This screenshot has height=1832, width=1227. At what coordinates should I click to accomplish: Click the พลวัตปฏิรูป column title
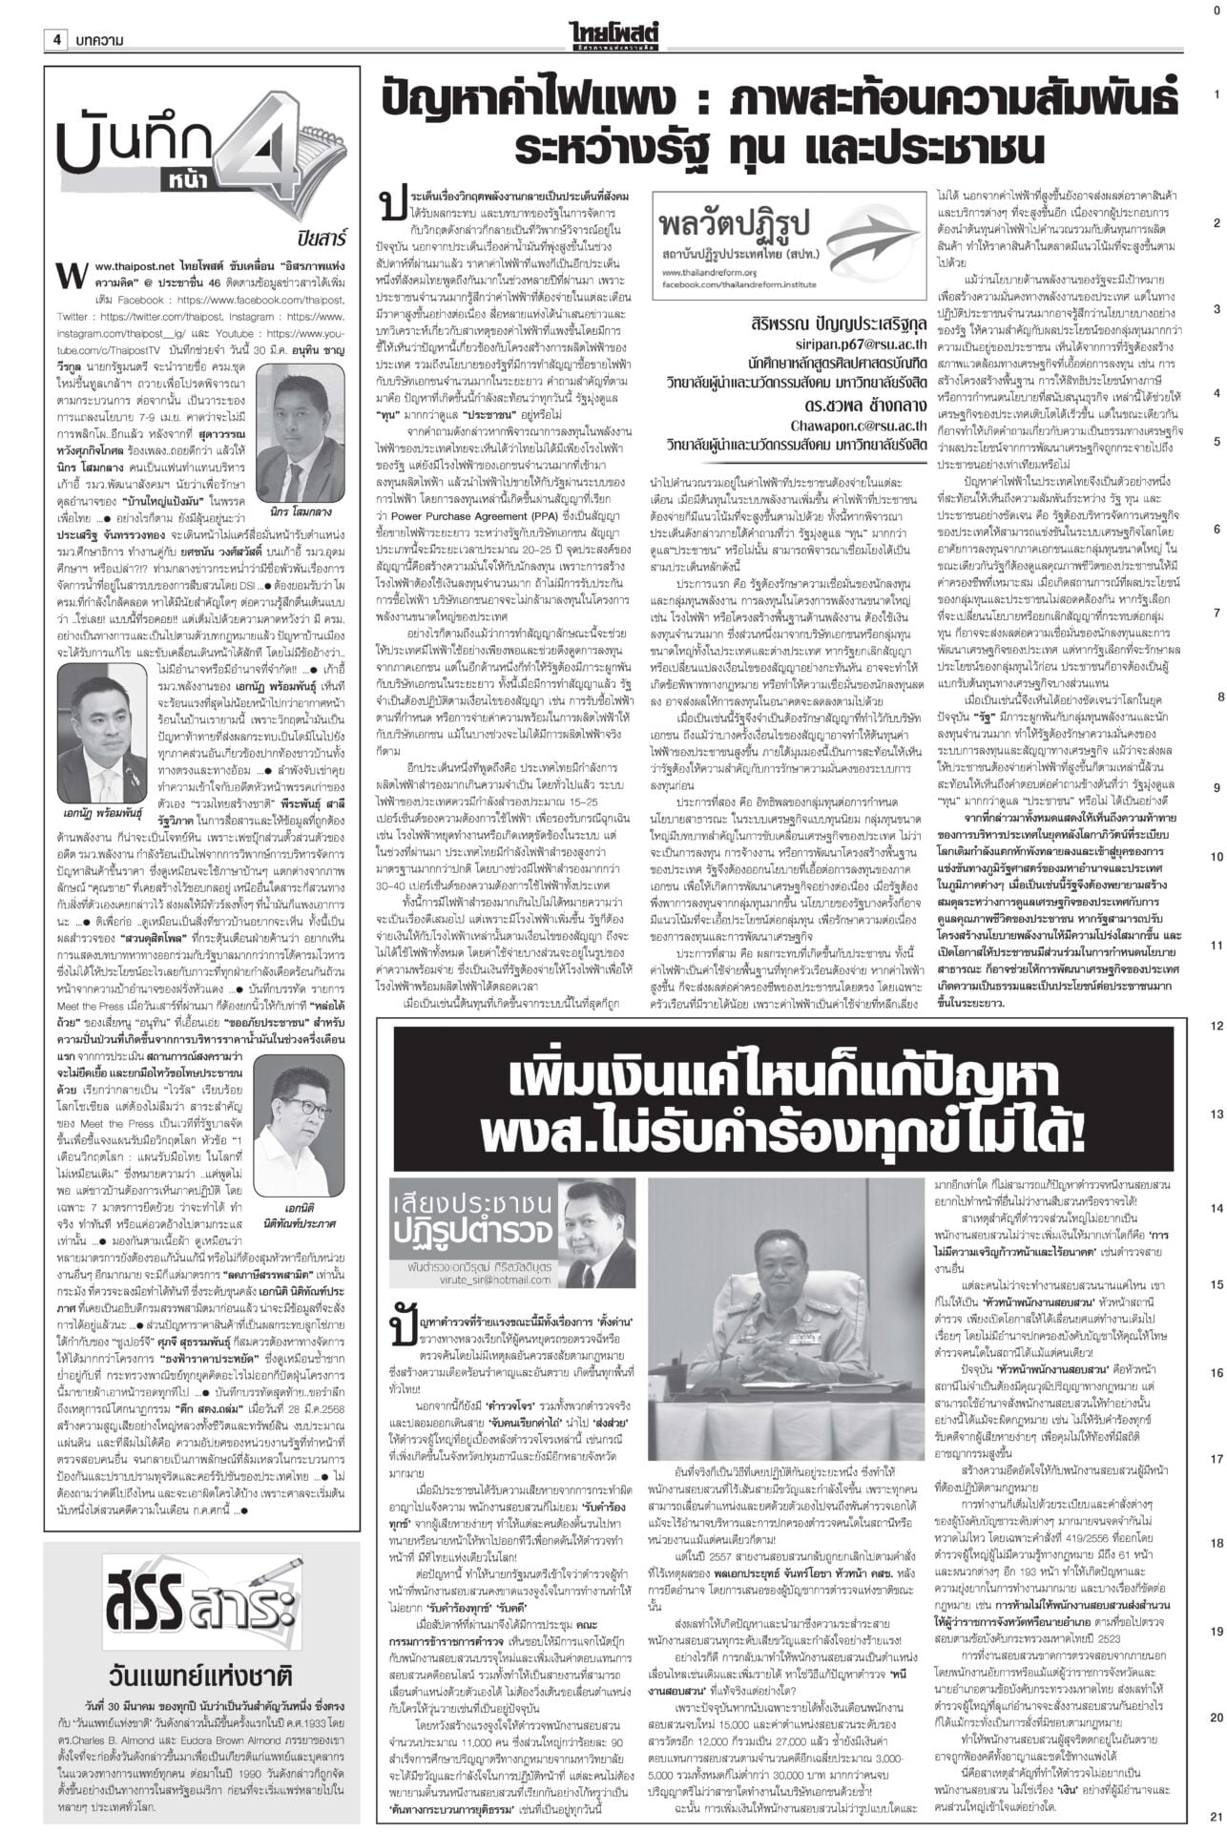coord(732,230)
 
